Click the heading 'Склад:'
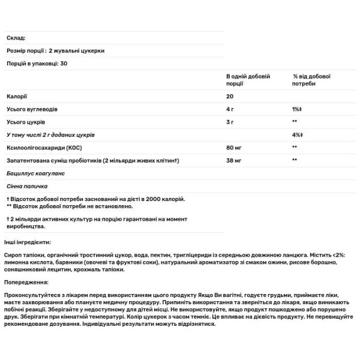pyautogui.click(x=16, y=38)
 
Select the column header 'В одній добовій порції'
pyautogui.click(x=248, y=81)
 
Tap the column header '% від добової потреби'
pyautogui.click(x=312, y=81)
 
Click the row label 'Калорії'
pyautogui.click(x=16, y=97)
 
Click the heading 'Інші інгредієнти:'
pyautogui.click(x=28, y=241)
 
